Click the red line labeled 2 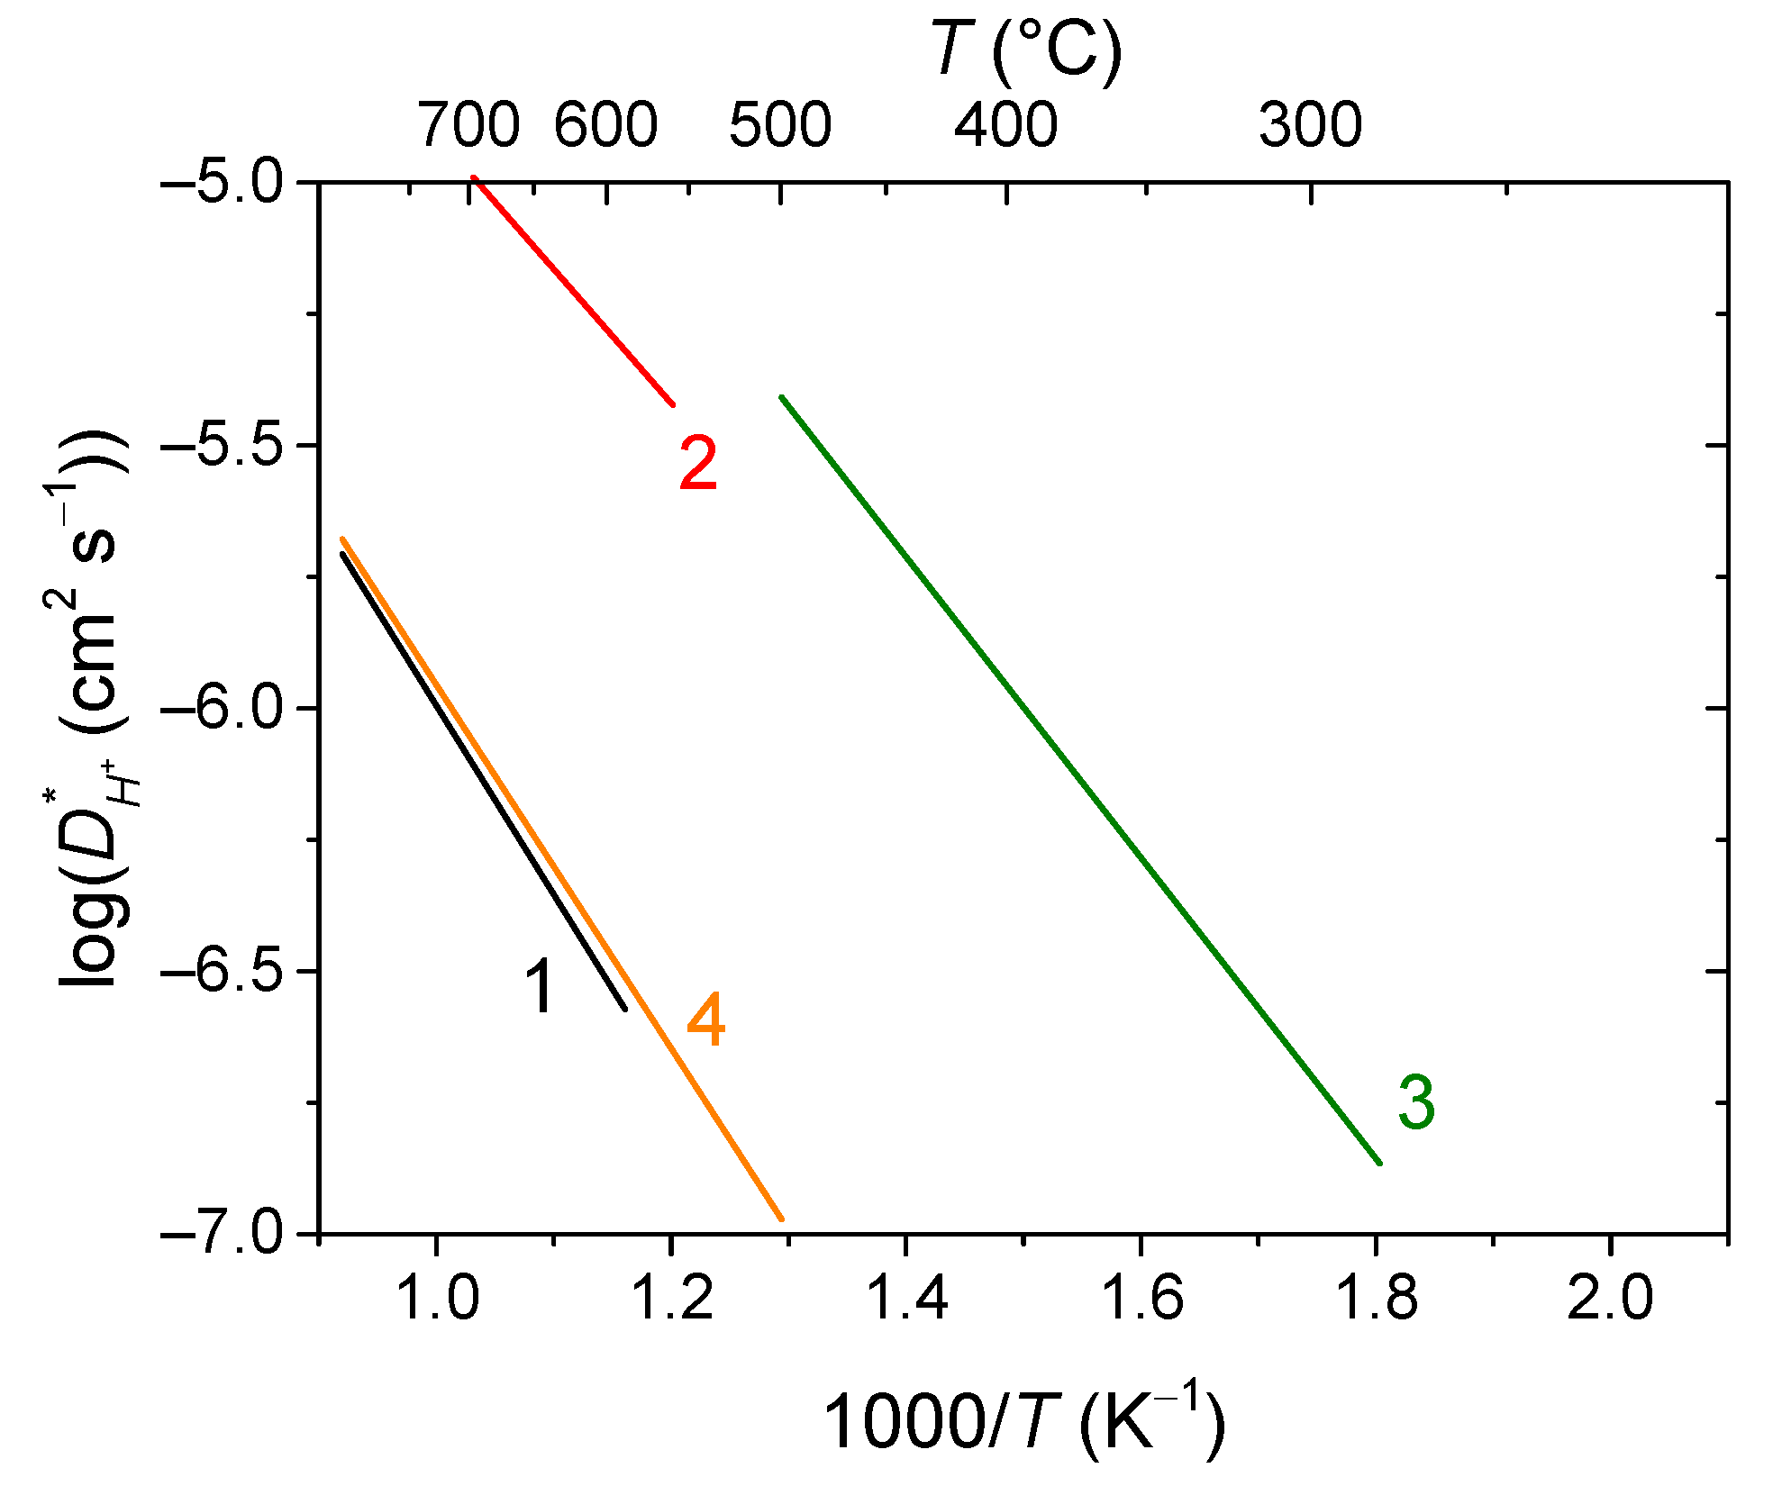[574, 292]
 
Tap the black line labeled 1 [484, 782]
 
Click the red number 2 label [698, 464]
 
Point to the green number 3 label [1415, 1102]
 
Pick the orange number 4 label [705, 1021]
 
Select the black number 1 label [541, 987]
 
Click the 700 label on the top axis [468, 124]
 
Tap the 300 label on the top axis [1310, 124]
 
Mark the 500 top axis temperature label [780, 124]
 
